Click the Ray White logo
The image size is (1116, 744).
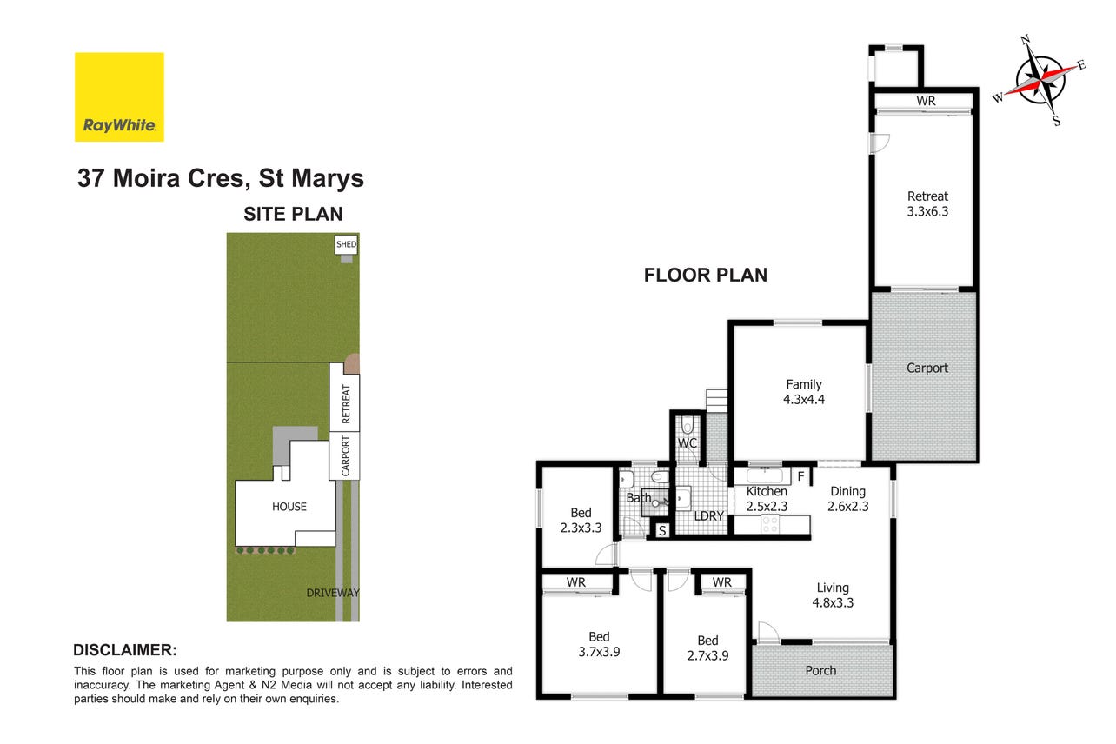pos(119,97)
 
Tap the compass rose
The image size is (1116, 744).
pos(1040,80)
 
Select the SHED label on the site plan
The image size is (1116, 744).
pos(346,244)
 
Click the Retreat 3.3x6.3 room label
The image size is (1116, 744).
pos(927,203)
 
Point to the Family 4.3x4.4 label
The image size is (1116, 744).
pos(804,392)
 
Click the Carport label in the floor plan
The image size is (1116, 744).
pos(927,368)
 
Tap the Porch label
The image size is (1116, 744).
pos(820,670)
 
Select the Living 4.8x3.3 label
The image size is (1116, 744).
pos(833,595)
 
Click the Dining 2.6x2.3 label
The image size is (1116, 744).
pos(847,499)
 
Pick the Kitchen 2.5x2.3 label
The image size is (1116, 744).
pos(767,499)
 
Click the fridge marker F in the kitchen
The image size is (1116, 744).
pos(800,476)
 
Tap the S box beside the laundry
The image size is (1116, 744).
pos(662,531)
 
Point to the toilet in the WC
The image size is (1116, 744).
pos(688,425)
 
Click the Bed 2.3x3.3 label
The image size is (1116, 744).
pos(581,521)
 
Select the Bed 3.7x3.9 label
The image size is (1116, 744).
pos(599,644)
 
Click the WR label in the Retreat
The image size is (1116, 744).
pos(926,101)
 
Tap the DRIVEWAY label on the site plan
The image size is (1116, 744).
pos(332,593)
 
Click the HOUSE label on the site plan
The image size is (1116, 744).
pos(289,507)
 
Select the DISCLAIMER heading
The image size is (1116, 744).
pos(125,650)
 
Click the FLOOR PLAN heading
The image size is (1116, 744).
pos(706,275)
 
